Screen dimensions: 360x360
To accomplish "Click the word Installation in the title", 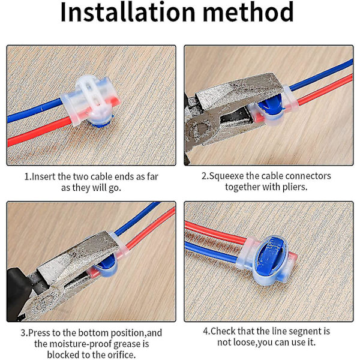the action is [x=128, y=12].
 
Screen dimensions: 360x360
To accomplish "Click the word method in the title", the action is [x=248, y=12].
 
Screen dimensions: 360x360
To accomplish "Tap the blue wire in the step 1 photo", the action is [x=34, y=110].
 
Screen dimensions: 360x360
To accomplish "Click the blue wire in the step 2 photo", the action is [x=321, y=74].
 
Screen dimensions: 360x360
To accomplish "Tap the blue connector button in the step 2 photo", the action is [x=271, y=105].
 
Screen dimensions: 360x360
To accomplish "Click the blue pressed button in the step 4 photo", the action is [x=271, y=256].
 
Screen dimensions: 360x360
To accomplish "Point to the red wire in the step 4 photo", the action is [x=216, y=232].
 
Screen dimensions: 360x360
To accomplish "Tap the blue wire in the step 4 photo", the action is [x=211, y=250].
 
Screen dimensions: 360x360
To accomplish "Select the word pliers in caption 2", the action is [x=295, y=187].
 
